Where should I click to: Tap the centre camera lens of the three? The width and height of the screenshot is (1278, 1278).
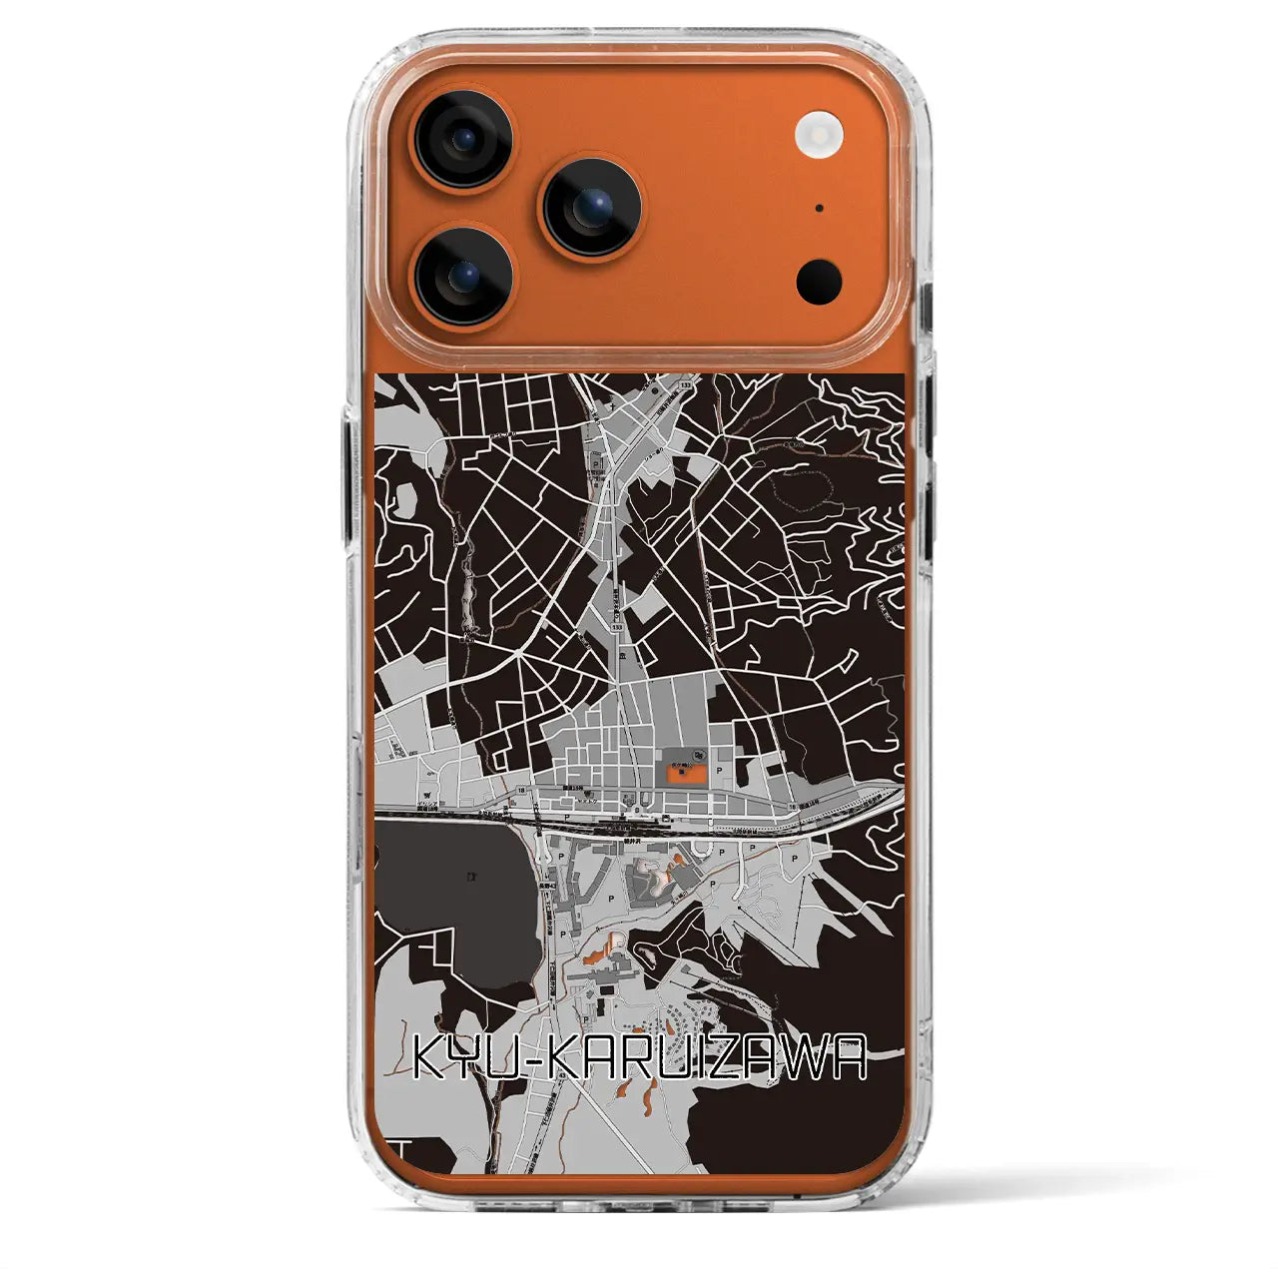[586, 206]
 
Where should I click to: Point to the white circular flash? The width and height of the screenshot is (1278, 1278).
[819, 131]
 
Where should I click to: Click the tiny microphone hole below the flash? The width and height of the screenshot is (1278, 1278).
[819, 210]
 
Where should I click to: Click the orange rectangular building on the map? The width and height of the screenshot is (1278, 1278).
[685, 773]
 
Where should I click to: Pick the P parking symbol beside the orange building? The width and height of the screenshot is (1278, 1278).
[718, 771]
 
